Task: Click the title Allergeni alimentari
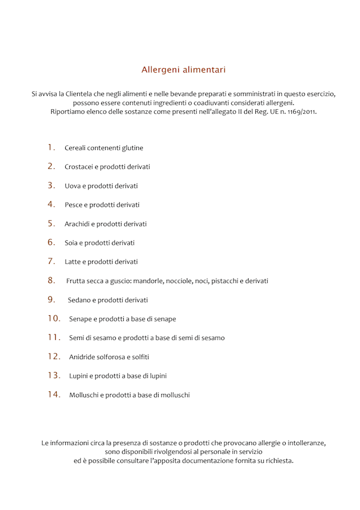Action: [x=183, y=70]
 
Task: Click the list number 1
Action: [x=51, y=147]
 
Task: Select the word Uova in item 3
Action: [x=73, y=186]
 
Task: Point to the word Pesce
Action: [x=74, y=205]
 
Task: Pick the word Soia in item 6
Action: [x=71, y=243]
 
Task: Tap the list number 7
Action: [x=51, y=261]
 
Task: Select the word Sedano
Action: [x=80, y=300]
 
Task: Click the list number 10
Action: [x=53, y=318]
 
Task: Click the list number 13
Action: [x=53, y=375]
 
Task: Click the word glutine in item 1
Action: [x=133, y=148]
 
